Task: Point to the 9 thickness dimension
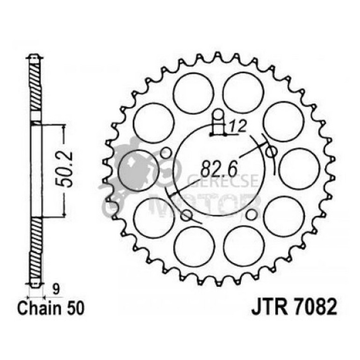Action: [x=56, y=290]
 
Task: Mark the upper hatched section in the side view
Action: [x=36, y=89]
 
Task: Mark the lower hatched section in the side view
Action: [x=36, y=248]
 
